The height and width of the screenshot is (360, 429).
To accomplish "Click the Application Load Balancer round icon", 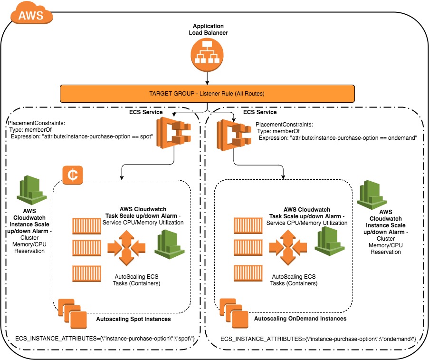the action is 207,55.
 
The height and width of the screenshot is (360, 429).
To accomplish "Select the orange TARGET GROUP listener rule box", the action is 207,94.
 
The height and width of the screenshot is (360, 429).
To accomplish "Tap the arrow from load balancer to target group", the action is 207,78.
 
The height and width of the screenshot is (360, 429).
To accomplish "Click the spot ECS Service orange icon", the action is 173,133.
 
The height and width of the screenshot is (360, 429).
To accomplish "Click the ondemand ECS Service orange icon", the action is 234,135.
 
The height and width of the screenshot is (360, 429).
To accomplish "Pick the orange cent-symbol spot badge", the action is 73,175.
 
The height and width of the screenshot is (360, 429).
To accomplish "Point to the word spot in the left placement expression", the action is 145,136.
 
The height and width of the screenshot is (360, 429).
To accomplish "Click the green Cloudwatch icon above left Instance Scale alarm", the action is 32,190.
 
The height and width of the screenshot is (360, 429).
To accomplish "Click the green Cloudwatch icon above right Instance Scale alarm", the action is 372,195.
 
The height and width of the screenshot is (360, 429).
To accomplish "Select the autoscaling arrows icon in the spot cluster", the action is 126,248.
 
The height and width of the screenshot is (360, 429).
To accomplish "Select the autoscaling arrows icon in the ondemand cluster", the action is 288,247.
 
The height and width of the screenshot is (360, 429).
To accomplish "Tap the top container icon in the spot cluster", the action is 86,226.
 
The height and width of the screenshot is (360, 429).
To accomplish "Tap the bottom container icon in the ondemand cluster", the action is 248,273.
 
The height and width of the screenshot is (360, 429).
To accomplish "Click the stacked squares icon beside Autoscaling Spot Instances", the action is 73,313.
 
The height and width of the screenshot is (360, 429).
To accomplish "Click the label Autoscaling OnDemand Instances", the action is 300,319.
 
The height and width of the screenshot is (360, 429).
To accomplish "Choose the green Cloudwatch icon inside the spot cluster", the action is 170,244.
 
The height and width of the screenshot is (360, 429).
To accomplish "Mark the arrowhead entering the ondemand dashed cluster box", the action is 283,177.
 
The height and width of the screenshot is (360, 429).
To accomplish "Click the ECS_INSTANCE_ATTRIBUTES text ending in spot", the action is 105,339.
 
